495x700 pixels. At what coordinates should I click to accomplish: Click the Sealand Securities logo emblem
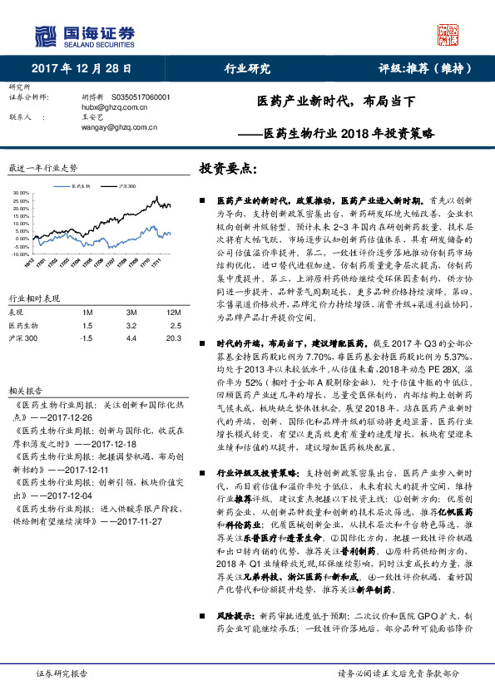(46, 37)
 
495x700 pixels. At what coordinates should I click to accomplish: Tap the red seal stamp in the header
(449, 36)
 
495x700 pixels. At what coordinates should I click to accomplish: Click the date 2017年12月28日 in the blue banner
(87, 68)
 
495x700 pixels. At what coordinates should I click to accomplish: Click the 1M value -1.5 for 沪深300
(86, 339)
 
